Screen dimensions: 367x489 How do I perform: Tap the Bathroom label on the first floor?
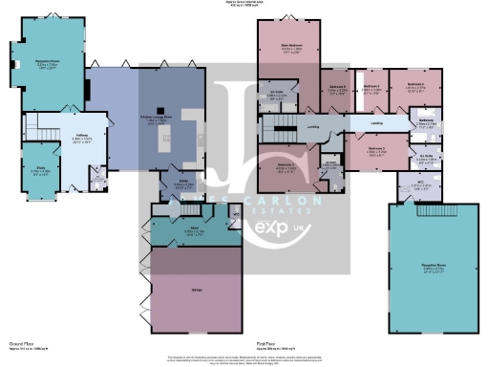(426, 120)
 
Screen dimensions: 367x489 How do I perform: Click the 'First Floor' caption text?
(266, 342)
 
